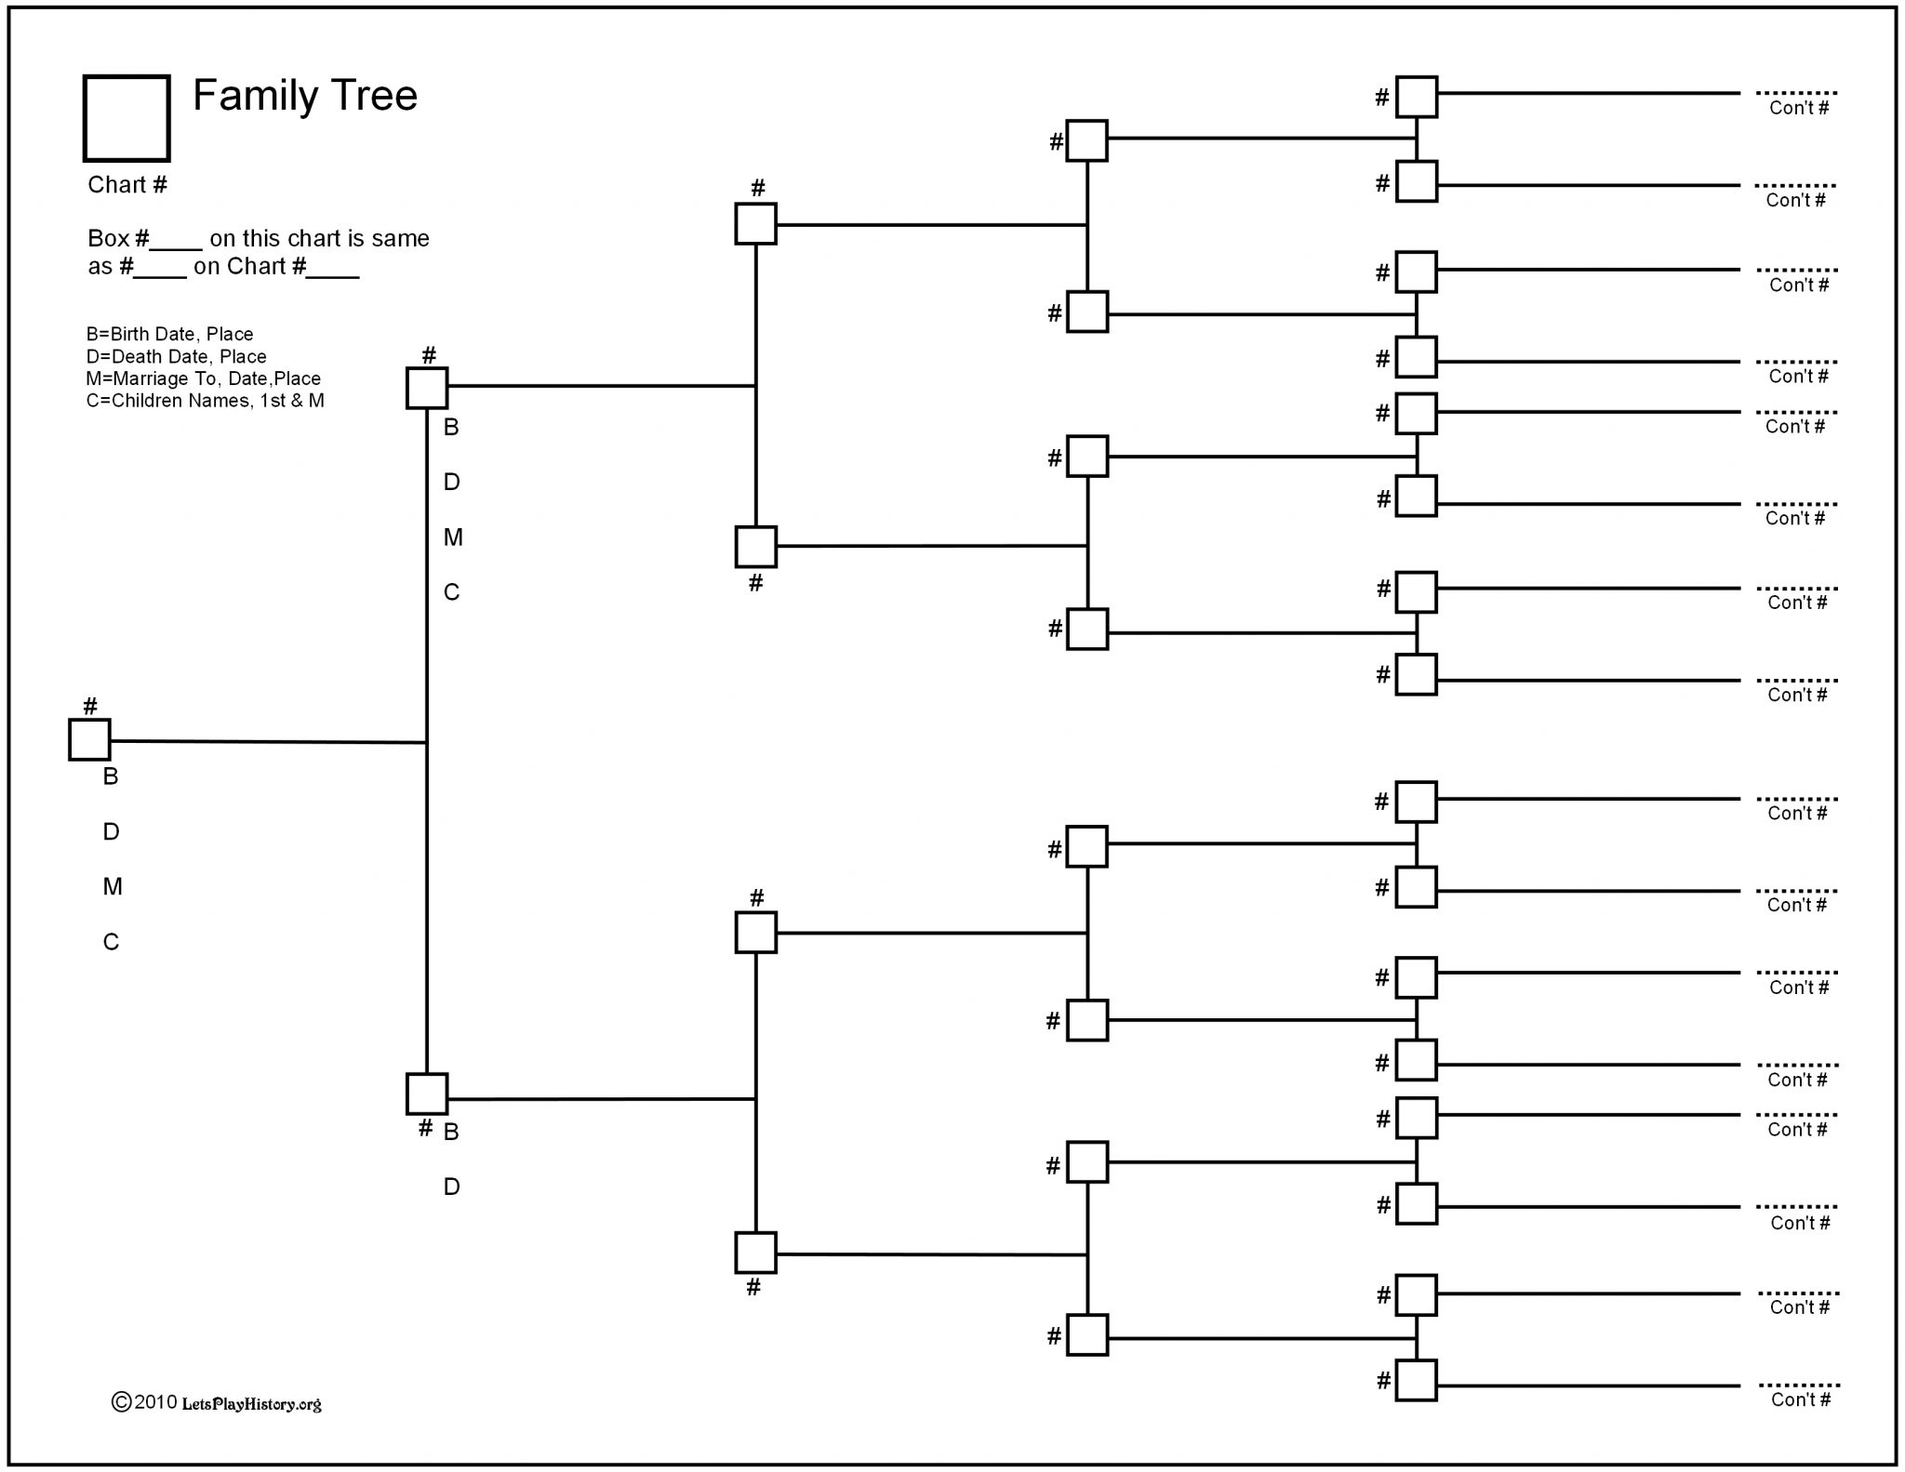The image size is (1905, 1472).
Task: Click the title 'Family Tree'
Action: (305, 95)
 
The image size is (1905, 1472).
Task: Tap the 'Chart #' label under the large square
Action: (127, 184)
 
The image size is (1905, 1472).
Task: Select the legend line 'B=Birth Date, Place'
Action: (170, 334)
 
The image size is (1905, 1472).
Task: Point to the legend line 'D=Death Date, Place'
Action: (177, 356)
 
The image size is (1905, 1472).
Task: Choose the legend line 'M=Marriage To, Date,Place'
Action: (204, 378)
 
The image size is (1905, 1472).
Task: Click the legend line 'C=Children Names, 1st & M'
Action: (206, 401)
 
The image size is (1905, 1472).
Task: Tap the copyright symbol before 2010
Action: (121, 1402)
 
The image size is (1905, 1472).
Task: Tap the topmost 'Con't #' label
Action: (1799, 108)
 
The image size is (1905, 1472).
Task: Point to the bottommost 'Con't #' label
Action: (1801, 1399)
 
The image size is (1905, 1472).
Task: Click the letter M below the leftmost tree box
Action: (113, 887)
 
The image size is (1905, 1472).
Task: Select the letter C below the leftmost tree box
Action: (111, 942)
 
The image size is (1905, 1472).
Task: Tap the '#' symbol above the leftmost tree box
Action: (90, 706)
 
